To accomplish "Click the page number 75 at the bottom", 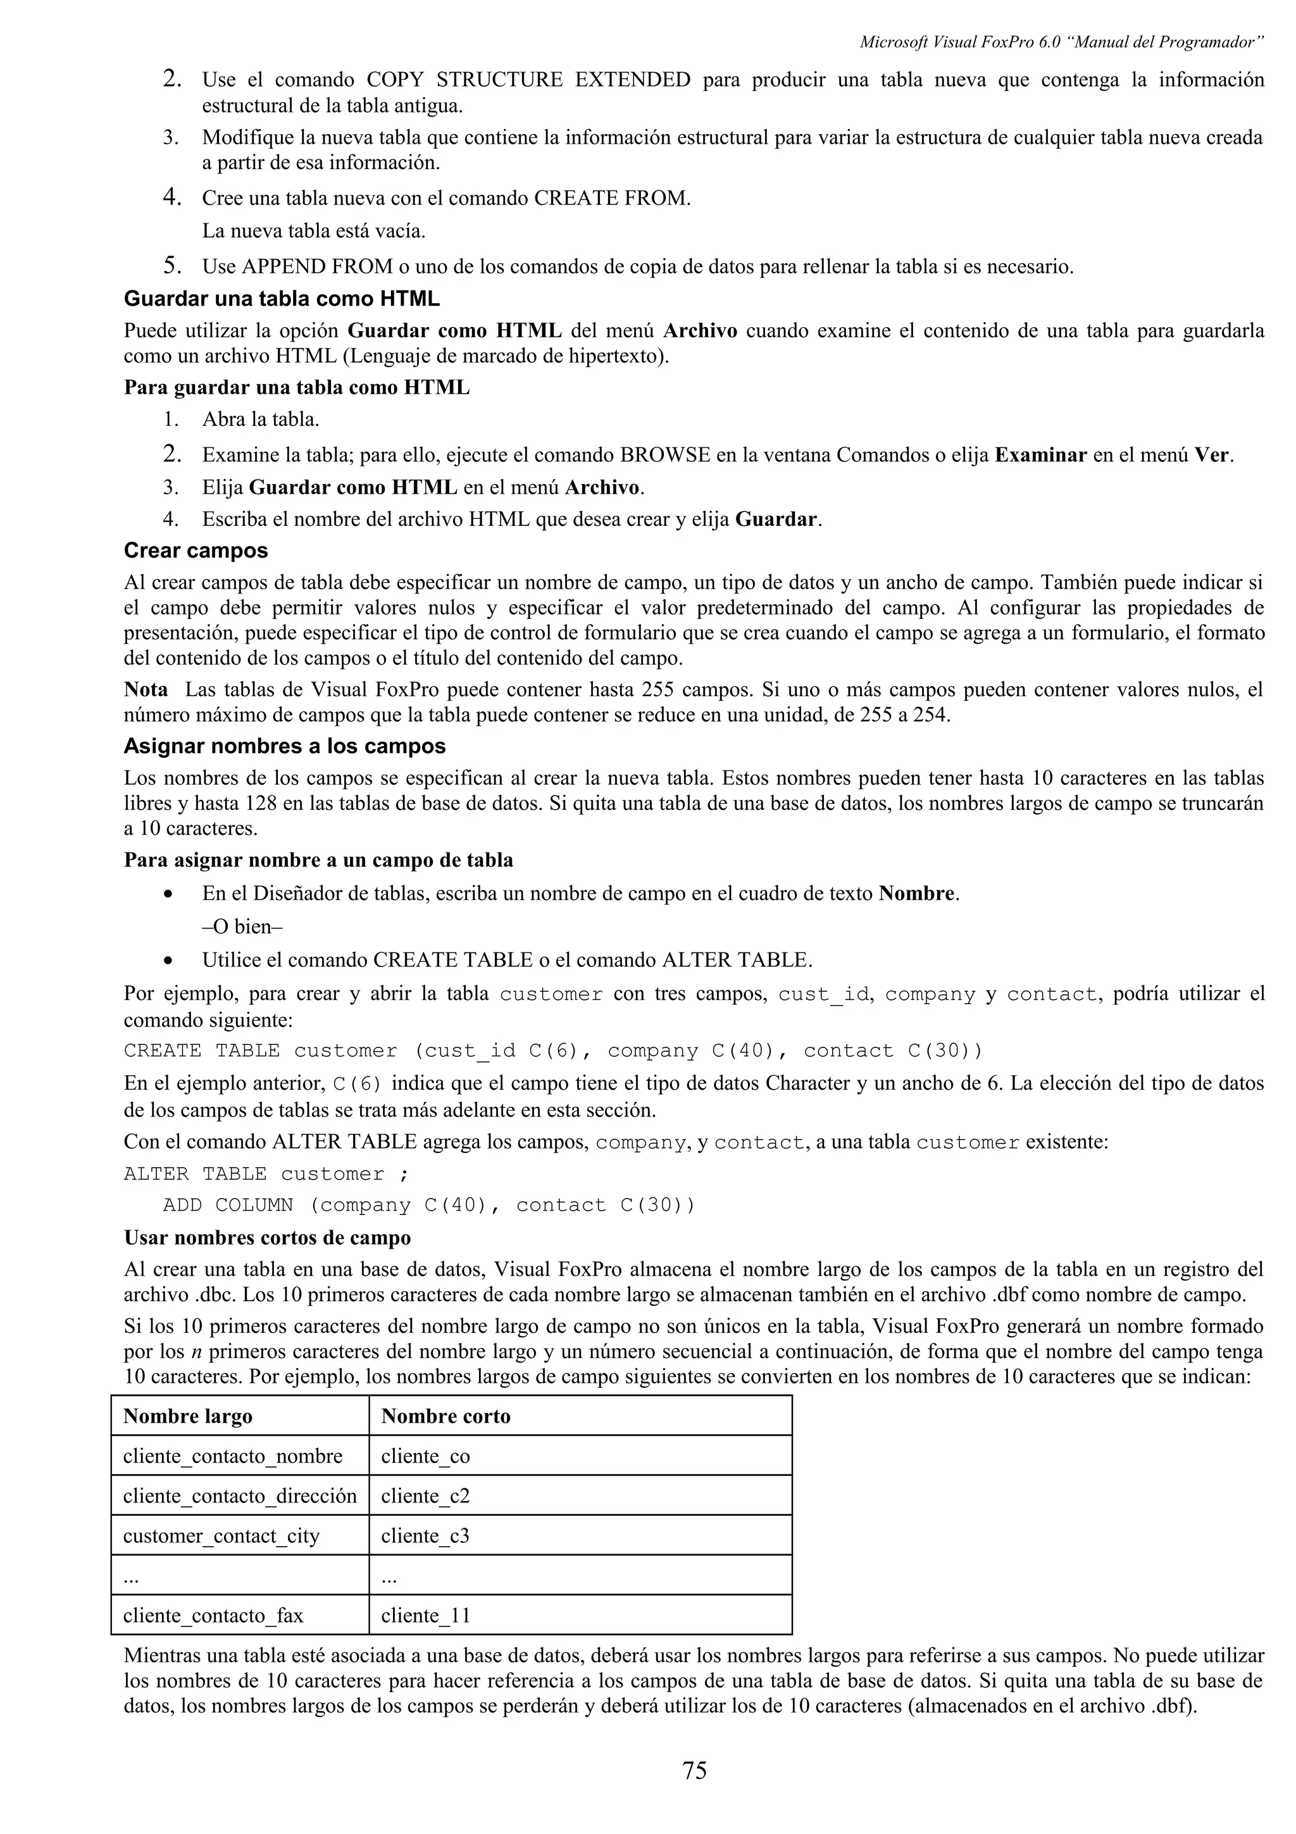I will click(694, 1770).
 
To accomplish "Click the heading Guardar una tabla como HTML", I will click(281, 299).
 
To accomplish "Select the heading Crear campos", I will click(196, 551).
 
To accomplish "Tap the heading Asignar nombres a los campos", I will click(284, 746).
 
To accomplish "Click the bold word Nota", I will click(146, 689).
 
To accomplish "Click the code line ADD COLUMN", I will click(429, 1206).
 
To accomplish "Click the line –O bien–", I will click(243, 926).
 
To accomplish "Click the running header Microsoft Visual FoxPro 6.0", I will click(1061, 42).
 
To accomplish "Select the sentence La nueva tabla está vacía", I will click(313, 231).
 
